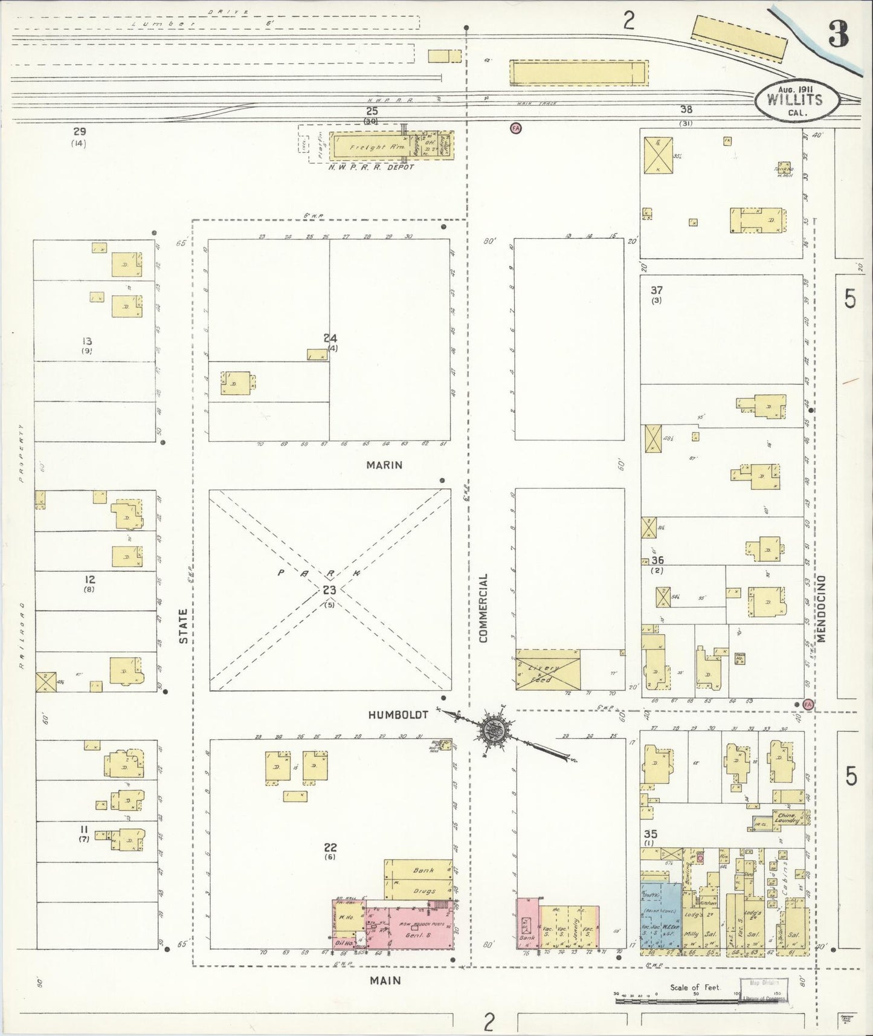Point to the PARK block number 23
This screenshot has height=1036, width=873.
[x=329, y=591]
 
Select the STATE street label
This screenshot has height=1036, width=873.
[x=184, y=626]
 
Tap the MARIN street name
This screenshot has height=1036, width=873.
[x=384, y=465]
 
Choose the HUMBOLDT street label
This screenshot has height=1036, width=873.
[x=398, y=714]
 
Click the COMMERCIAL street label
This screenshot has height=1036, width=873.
[x=483, y=607]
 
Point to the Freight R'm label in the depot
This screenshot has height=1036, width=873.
[x=368, y=146]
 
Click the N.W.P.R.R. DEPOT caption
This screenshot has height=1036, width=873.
[x=371, y=167]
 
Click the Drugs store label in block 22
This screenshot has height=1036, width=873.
[x=425, y=891]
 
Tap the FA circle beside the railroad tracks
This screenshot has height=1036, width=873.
[x=515, y=128]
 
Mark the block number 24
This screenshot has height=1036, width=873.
[x=330, y=338]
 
